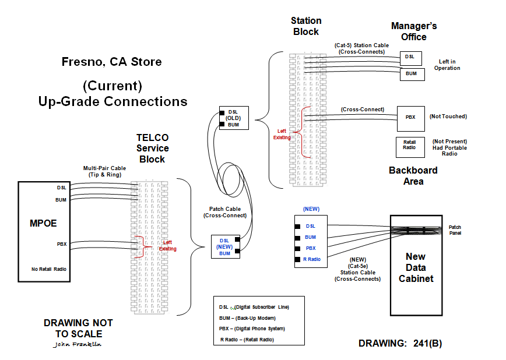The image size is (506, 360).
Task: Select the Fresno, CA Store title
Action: [112, 62]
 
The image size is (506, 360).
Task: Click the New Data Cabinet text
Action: [416, 267]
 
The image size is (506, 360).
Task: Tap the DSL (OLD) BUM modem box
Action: [233, 118]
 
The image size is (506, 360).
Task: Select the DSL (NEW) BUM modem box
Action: [224, 247]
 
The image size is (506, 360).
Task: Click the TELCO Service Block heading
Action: [152, 148]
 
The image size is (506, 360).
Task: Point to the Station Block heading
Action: [306, 26]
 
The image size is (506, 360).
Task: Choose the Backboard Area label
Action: [413, 175]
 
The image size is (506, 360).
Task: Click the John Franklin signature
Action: [76, 344]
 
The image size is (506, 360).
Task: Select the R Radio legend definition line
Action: [247, 340]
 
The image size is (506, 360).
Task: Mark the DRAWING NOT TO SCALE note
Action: [78, 328]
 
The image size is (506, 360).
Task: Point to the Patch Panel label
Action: [455, 230]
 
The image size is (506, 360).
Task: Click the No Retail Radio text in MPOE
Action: [50, 269]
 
